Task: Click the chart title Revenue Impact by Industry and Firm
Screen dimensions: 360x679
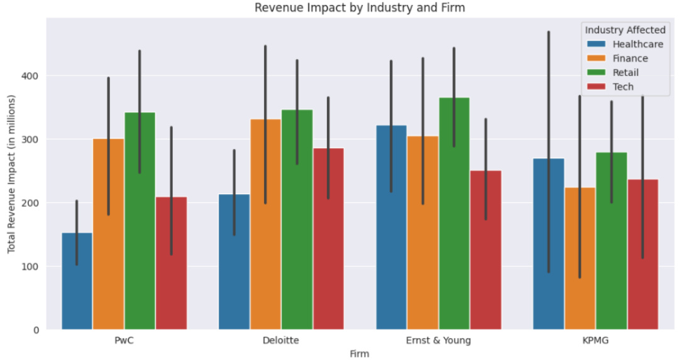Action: pos(359,8)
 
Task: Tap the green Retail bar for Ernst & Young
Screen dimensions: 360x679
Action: pos(454,214)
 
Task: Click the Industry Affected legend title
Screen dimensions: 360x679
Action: pos(625,30)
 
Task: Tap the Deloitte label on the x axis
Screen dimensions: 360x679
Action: pos(281,341)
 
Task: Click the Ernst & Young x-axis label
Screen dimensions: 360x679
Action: pos(438,341)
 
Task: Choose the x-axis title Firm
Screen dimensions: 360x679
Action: pos(359,354)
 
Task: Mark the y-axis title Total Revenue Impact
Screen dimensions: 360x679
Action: pos(12,175)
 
